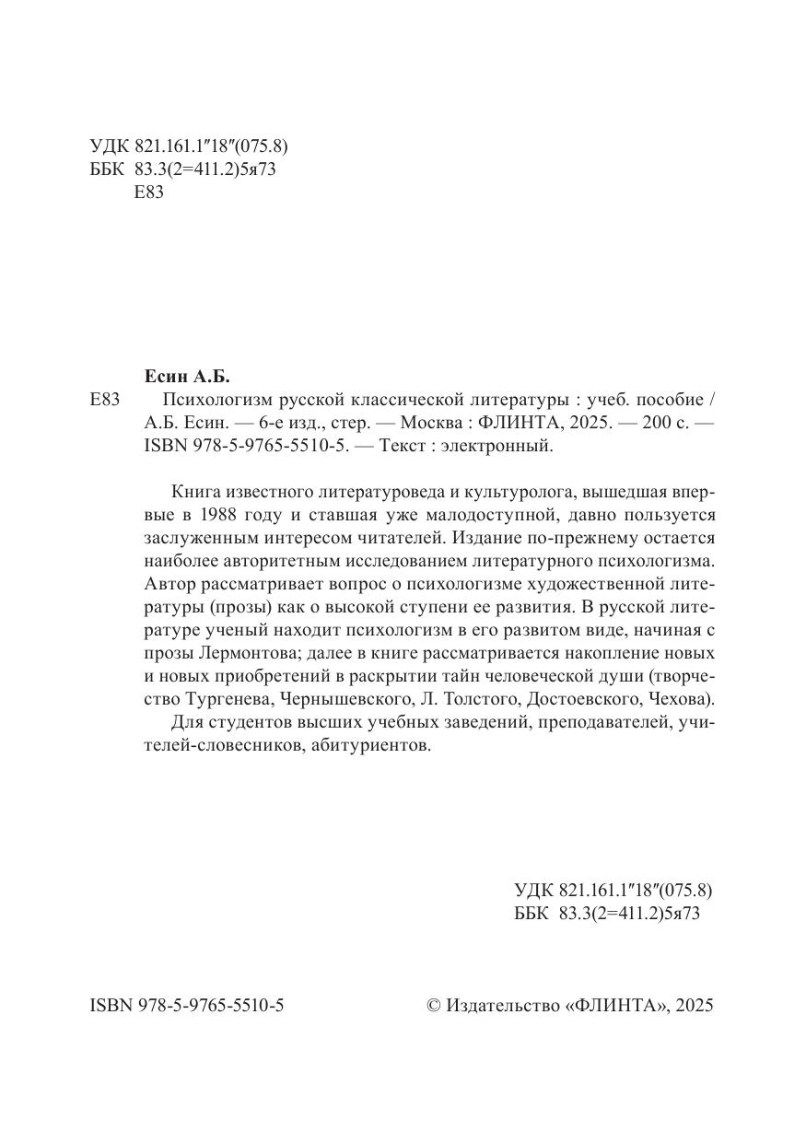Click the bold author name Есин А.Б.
187,377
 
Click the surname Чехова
677,698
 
